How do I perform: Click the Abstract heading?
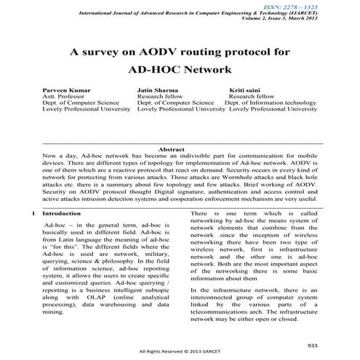[x=180, y=148]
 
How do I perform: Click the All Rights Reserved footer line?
[x=180, y=353]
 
